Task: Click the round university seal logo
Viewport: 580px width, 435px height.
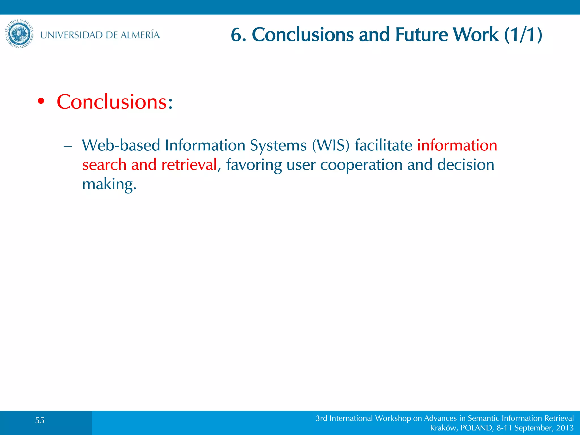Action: tap(19, 34)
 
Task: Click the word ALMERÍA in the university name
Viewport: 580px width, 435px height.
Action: tap(140, 35)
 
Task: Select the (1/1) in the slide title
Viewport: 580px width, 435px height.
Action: tap(523, 35)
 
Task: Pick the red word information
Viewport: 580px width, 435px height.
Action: tap(457, 145)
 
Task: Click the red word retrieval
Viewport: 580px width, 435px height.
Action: tap(189, 165)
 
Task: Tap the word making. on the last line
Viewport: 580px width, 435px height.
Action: tap(109, 184)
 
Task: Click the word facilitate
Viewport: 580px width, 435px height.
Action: tap(383, 145)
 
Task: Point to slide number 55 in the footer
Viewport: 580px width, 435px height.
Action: tap(40, 420)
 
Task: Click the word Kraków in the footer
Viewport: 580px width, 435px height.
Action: tap(443, 428)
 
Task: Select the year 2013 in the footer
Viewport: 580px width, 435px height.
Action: tap(565, 428)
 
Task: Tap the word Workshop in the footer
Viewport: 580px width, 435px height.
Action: tap(393, 418)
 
